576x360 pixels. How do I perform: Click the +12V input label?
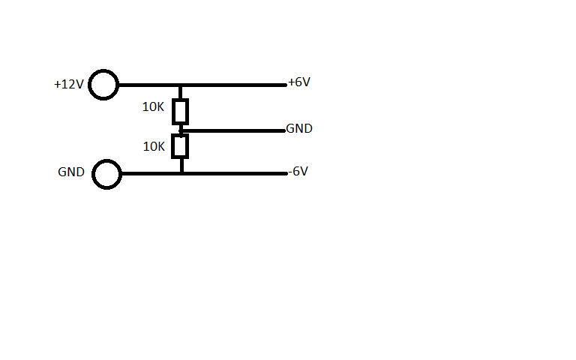click(x=68, y=85)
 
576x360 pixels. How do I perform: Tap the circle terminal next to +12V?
click(x=103, y=85)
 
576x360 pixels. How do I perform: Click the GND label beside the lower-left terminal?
click(x=71, y=172)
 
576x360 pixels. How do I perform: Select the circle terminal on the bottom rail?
click(x=107, y=174)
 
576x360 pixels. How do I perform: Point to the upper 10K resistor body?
click(x=180, y=111)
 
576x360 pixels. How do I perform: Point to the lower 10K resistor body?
click(x=180, y=146)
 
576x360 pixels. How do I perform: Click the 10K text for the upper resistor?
click(x=153, y=107)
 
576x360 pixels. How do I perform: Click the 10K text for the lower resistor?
click(x=154, y=146)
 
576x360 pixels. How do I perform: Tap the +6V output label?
click(x=299, y=82)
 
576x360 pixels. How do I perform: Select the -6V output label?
click(x=298, y=171)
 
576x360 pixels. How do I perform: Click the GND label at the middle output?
click(x=299, y=128)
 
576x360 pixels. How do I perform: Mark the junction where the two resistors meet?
click(x=181, y=130)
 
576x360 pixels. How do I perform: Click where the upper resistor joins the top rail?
click(x=180, y=85)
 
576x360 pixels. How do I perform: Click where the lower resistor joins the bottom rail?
click(x=181, y=173)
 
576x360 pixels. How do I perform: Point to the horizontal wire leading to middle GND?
click(x=232, y=130)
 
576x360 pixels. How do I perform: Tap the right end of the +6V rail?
click(x=285, y=85)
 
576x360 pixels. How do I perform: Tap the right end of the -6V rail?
click(x=286, y=173)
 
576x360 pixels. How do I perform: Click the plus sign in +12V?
click(x=57, y=85)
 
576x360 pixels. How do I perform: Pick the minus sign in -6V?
click(x=290, y=172)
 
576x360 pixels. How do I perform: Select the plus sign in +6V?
click(x=291, y=82)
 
